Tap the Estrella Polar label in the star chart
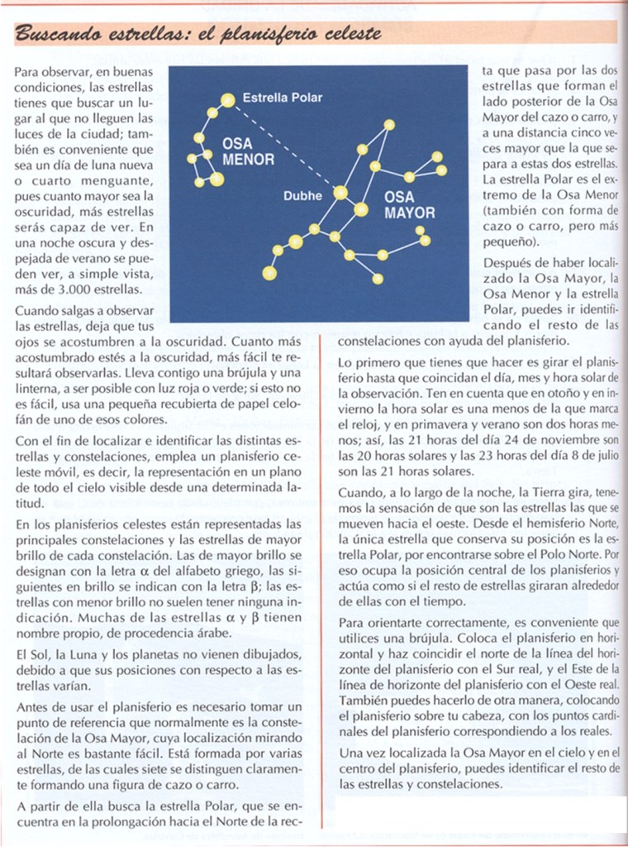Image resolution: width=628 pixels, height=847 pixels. (282, 98)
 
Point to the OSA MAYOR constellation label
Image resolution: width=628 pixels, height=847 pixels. (409, 204)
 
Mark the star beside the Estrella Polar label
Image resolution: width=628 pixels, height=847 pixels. (226, 100)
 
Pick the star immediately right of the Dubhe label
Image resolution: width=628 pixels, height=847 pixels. (340, 193)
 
